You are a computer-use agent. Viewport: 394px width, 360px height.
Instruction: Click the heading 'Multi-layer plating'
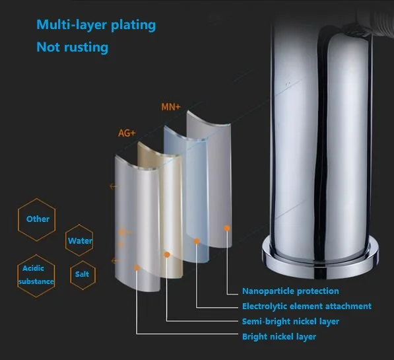[x=96, y=25]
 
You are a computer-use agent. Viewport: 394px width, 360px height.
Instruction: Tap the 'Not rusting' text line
[x=73, y=48]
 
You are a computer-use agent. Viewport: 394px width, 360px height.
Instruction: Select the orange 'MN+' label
[x=171, y=107]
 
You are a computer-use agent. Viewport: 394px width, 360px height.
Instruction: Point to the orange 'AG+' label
[x=127, y=133]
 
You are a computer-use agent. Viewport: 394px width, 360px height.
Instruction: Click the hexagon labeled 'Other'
[x=37, y=219]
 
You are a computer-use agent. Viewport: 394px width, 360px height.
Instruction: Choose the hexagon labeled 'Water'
[x=79, y=240]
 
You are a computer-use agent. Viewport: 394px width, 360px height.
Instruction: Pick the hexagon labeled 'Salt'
[x=82, y=275]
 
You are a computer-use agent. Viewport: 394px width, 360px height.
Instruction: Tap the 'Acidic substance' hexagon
[x=36, y=275]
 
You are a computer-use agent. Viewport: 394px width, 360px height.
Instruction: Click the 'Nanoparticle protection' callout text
[x=290, y=291]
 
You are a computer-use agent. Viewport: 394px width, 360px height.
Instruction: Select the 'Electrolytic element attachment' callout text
[x=307, y=306]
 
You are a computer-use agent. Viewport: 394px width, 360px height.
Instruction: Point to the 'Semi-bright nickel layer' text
[x=290, y=321]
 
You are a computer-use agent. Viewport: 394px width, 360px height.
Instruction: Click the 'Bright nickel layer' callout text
[x=279, y=337]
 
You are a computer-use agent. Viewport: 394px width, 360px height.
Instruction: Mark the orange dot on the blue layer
[x=197, y=241]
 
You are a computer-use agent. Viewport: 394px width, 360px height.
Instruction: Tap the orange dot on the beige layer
[x=166, y=255]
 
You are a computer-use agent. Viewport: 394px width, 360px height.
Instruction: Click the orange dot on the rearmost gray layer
[x=227, y=228]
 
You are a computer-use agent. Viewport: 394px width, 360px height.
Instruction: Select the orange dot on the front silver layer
[x=137, y=268]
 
